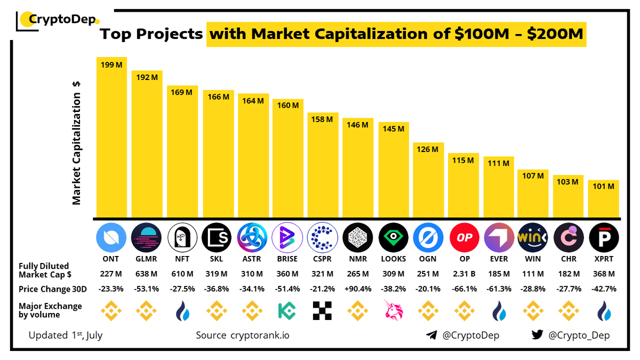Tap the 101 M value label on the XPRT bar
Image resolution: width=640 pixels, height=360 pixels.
(x=603, y=187)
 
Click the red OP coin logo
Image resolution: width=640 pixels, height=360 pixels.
(x=464, y=238)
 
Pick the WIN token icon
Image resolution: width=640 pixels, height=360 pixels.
(x=533, y=238)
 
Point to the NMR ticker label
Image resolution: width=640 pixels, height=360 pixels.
(x=357, y=259)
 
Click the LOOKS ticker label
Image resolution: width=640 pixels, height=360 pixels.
(x=393, y=259)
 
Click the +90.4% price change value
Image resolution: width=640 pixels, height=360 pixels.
(x=358, y=289)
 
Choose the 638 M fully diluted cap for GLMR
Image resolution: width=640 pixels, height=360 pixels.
(x=146, y=274)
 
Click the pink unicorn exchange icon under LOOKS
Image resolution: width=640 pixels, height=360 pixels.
(x=393, y=311)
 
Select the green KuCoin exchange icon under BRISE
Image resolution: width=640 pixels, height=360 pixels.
(x=287, y=311)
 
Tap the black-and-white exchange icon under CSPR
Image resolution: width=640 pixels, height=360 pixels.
(x=323, y=311)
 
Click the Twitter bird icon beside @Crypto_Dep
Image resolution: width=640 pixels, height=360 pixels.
(x=538, y=335)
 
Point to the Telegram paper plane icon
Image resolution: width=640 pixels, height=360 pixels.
(x=431, y=335)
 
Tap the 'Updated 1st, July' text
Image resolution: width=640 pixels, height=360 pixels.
(x=65, y=335)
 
